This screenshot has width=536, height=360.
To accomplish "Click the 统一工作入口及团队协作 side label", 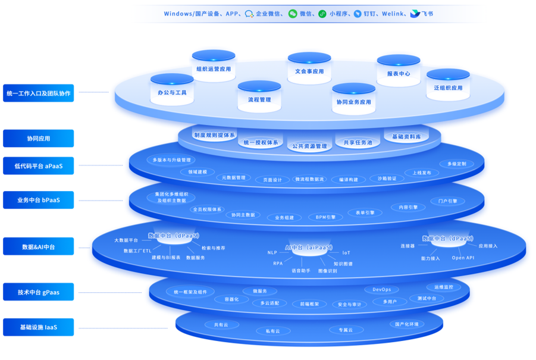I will pyautogui.click(x=39, y=93).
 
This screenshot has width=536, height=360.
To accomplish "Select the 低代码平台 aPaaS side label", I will pyautogui.click(x=39, y=165).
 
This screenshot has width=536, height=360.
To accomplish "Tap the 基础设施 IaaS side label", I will pyautogui.click(x=39, y=327).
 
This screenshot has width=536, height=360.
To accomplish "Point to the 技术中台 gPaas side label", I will pyautogui.click(x=39, y=292).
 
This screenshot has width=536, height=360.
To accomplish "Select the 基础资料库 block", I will pyautogui.click(x=406, y=136).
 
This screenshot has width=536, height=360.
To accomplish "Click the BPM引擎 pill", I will pyautogui.click(x=325, y=217).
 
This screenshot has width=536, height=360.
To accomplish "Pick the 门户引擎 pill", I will pyautogui.click(x=444, y=201).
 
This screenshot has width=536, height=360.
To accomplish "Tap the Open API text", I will pyautogui.click(x=463, y=258).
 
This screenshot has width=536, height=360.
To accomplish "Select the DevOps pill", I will pyautogui.click(x=382, y=289).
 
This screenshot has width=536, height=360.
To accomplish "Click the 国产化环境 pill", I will pyautogui.click(x=407, y=324).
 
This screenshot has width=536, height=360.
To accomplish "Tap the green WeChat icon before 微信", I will pyautogui.click(x=293, y=13).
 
